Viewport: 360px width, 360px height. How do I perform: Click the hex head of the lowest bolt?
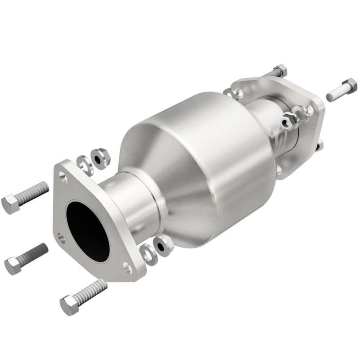click(x=69, y=305)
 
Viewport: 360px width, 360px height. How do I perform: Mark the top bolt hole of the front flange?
click(x=63, y=179)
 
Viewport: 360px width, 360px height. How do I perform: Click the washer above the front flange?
click(x=84, y=165)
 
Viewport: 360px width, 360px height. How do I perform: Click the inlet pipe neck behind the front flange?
click(x=128, y=200)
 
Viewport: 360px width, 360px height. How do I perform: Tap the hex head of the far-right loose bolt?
click(x=349, y=85)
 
